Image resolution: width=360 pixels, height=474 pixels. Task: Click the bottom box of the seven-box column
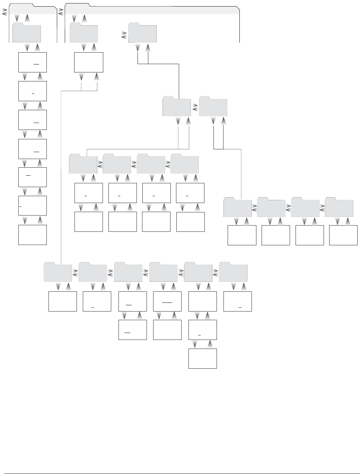coord(33,235)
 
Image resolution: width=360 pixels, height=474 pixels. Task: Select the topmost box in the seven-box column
coord(33,62)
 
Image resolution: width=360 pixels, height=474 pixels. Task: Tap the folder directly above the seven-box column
coord(27,34)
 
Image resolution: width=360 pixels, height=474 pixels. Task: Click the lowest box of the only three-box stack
coord(203,358)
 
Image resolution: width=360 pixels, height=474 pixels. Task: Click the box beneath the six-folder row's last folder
coord(238,301)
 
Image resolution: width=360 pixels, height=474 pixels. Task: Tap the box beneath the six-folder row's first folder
coord(63,301)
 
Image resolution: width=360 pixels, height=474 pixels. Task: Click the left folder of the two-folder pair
coord(177,107)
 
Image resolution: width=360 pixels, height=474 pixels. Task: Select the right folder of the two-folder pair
coord(213,107)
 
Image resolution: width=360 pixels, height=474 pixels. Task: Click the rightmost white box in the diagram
coord(343,235)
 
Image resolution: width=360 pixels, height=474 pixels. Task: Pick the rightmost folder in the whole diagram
coord(339,208)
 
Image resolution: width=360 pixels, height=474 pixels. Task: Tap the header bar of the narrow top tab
coord(33,10)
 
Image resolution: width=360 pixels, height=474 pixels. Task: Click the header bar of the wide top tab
coord(152,10)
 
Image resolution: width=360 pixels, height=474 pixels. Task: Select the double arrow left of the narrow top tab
coord(5,12)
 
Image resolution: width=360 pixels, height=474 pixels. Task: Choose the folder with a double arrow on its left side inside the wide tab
coord(142,34)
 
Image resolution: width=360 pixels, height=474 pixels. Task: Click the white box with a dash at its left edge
coord(33,205)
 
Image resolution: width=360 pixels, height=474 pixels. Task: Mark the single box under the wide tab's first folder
coord(89,62)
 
